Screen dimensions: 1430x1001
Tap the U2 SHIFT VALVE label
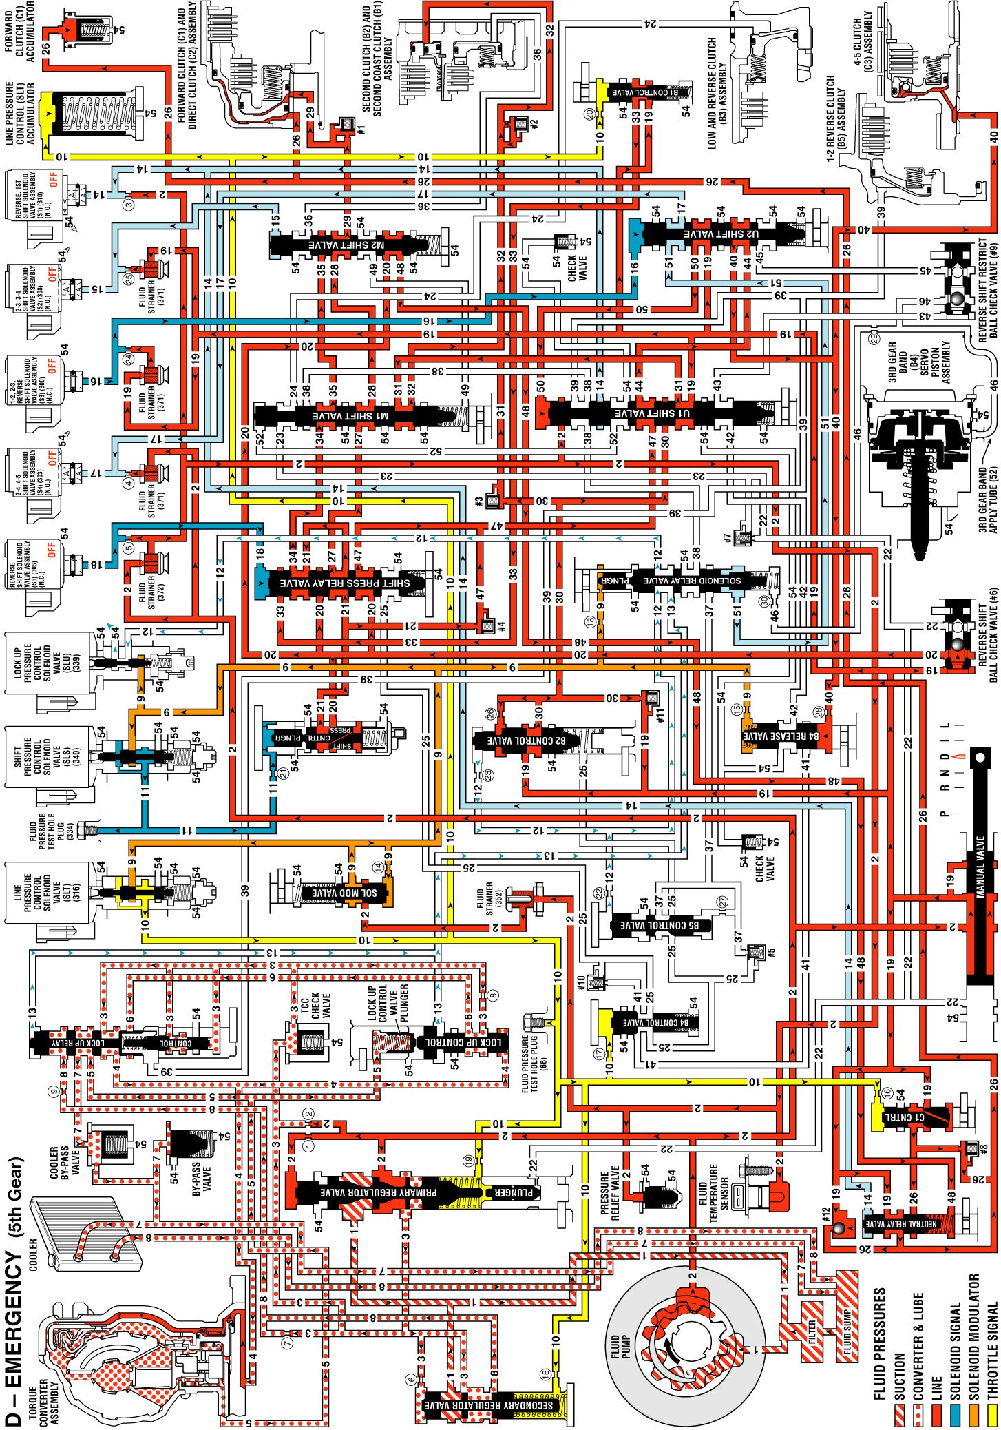(722, 234)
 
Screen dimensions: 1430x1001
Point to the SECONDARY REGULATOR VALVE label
(488, 1405)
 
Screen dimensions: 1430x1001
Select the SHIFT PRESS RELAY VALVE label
(344, 583)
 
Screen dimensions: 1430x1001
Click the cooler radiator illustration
(89, 1233)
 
